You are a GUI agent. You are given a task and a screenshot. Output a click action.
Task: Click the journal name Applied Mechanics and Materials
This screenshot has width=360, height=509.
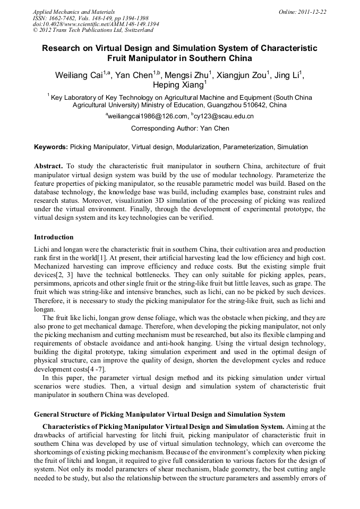[x=74, y=12]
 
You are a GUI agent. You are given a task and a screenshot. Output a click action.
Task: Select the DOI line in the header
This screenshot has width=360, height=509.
[x=96, y=24]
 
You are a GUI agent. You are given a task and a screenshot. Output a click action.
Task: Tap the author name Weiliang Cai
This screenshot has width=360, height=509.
[x=79, y=75]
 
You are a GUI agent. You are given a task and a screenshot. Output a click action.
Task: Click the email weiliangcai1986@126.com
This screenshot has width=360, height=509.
[x=148, y=117]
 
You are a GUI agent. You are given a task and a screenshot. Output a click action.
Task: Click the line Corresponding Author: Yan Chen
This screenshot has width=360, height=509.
[x=180, y=128]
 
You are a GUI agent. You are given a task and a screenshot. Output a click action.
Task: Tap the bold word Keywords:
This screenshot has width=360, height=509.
[x=51, y=147]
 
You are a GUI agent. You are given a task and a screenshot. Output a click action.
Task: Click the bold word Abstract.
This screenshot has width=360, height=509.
[x=49, y=167]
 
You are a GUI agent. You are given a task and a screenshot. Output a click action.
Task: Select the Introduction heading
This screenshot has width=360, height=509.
[x=54, y=237]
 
